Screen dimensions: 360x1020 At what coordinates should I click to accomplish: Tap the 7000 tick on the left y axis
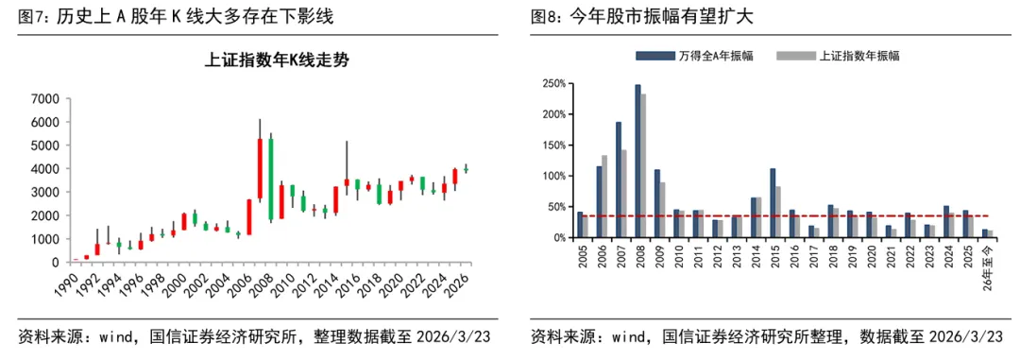[46, 99]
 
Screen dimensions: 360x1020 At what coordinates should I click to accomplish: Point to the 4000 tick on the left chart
[46, 169]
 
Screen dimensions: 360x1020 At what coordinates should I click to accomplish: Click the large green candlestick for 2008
[271, 180]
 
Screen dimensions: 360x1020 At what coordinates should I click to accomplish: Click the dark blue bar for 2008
[637, 162]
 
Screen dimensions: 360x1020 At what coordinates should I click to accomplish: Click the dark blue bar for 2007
[619, 180]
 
